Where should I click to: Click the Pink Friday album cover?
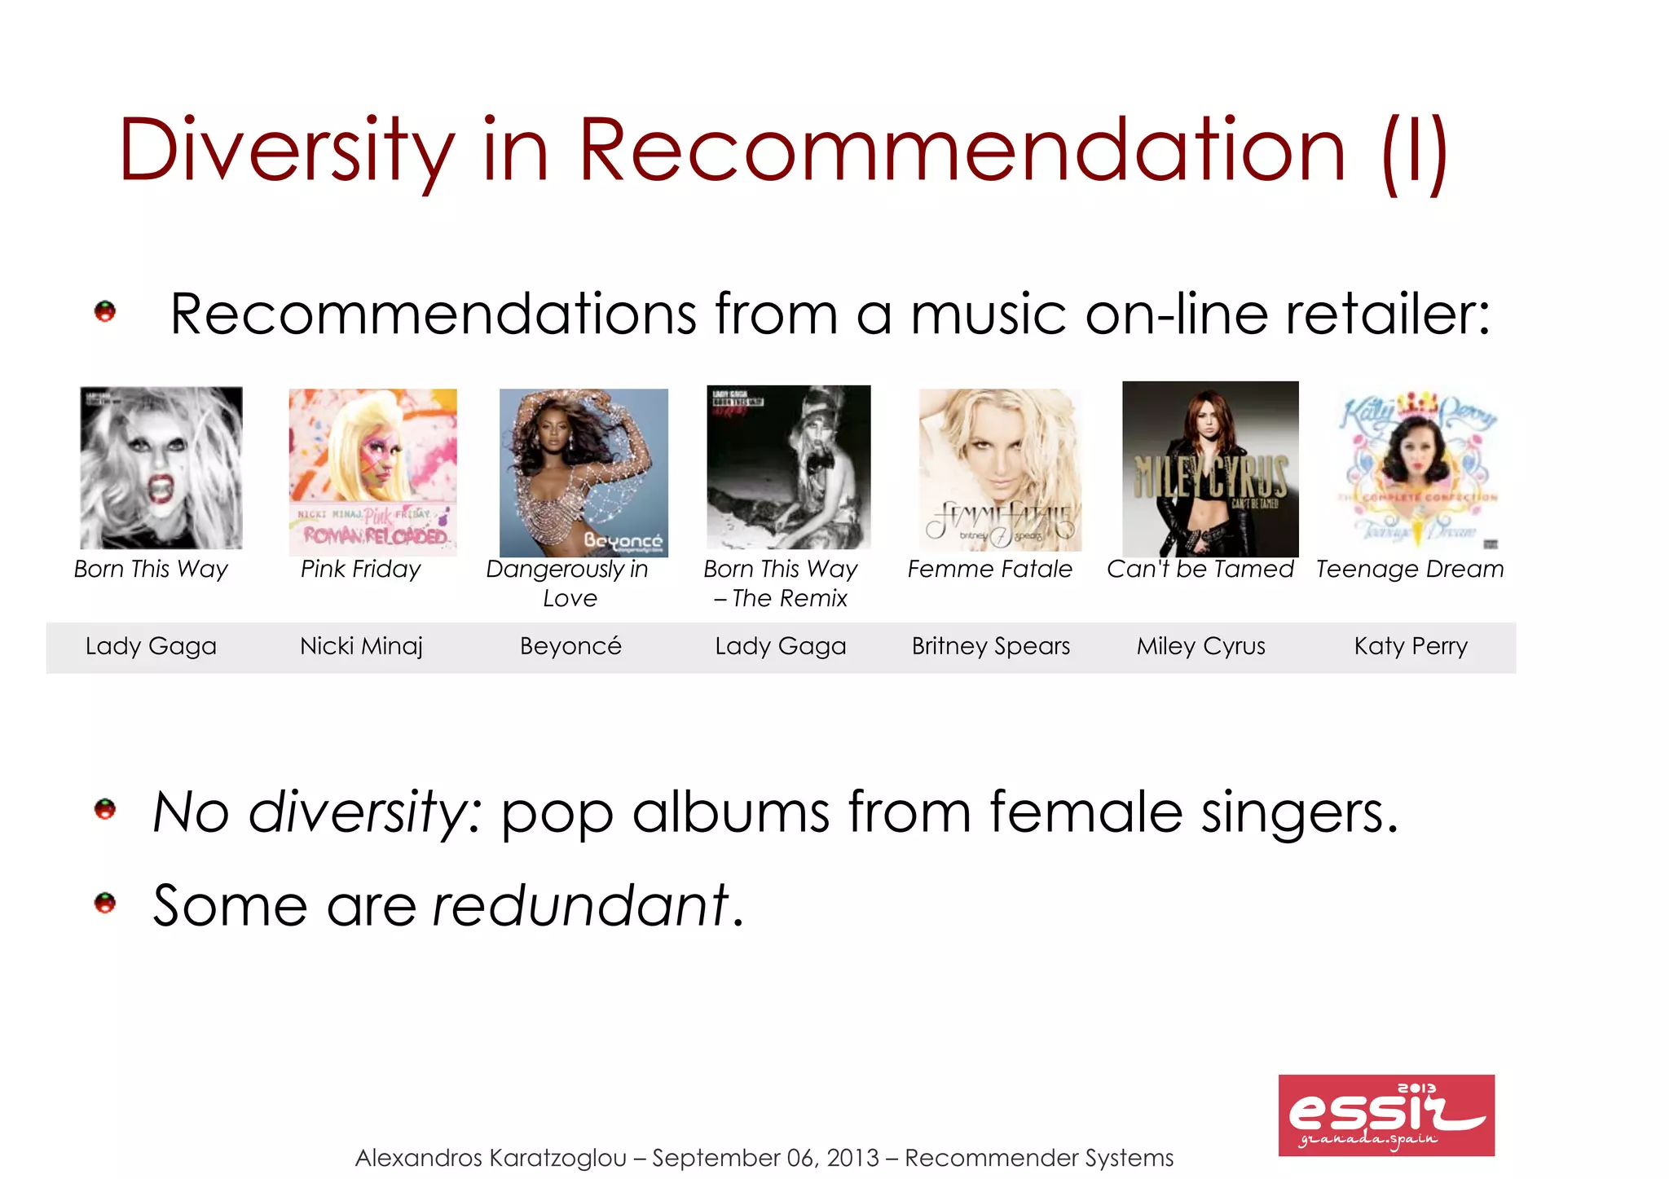point(372,472)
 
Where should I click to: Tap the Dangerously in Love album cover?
point(583,473)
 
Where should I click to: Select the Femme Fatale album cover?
point(1000,470)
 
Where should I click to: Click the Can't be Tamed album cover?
point(1210,469)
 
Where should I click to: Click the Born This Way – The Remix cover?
point(788,467)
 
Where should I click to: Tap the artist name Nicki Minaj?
point(361,646)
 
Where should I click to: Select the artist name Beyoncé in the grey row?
point(570,646)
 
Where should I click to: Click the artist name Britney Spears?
point(990,646)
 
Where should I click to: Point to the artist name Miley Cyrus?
point(1200,646)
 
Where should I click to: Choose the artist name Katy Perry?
point(1411,646)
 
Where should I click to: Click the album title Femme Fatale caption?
point(989,569)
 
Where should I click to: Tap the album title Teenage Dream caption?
point(1410,569)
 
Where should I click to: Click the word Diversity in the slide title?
point(286,152)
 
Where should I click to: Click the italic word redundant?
point(579,905)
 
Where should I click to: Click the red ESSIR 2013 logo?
point(1385,1115)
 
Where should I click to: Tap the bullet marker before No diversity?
point(105,809)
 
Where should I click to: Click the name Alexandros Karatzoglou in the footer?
point(491,1158)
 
